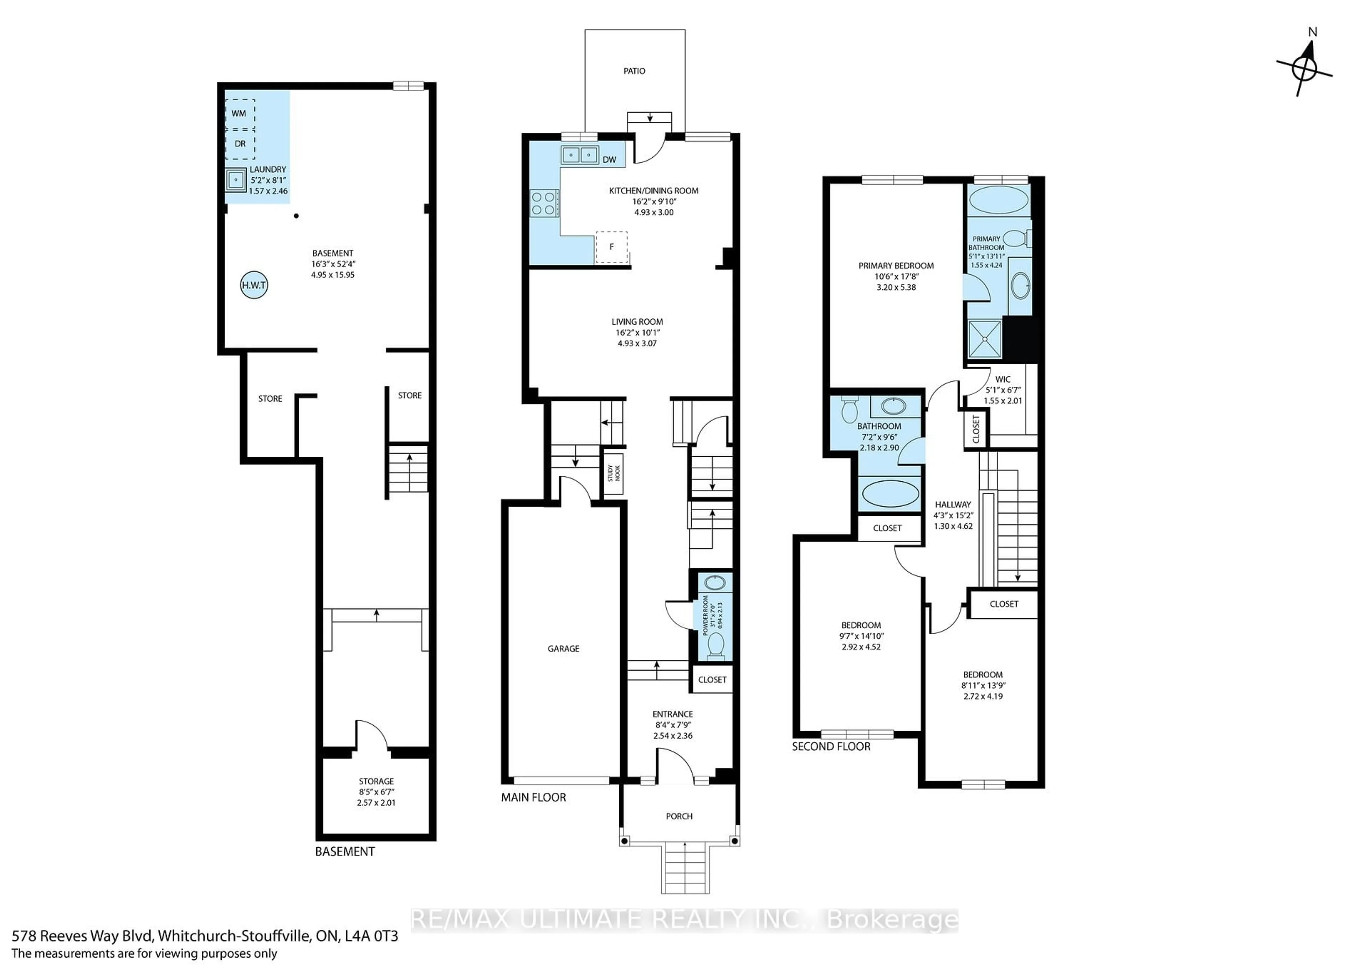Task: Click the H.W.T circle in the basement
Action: pyautogui.click(x=254, y=285)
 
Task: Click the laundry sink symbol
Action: pyautogui.click(x=236, y=179)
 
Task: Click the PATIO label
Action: pyautogui.click(x=634, y=71)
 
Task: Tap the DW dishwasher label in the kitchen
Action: pyautogui.click(x=609, y=160)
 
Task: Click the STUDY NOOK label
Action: pyautogui.click(x=614, y=473)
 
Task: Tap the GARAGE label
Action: pyautogui.click(x=563, y=649)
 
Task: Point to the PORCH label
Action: pyautogui.click(x=679, y=816)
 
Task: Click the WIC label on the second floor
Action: pyautogui.click(x=1003, y=380)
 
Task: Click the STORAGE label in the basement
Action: pyautogui.click(x=376, y=781)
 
